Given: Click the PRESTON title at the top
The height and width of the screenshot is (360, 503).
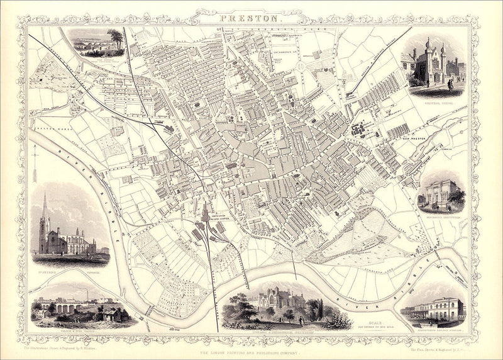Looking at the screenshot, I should (251, 18).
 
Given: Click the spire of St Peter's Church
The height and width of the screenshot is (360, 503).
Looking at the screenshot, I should (45, 208).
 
